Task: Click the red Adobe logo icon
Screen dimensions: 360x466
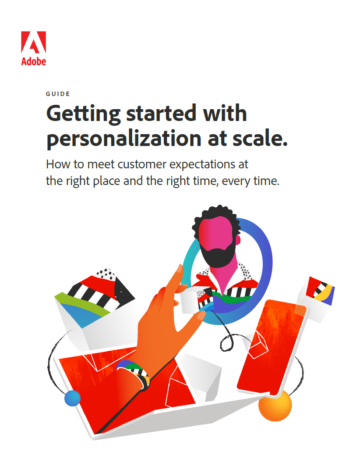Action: [34, 42]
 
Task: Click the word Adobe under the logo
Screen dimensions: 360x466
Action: [34, 61]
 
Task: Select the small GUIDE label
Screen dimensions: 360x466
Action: [58, 94]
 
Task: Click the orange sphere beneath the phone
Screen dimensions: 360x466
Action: [275, 406]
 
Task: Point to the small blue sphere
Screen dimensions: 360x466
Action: [72, 398]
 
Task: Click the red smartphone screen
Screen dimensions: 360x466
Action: [270, 346]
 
